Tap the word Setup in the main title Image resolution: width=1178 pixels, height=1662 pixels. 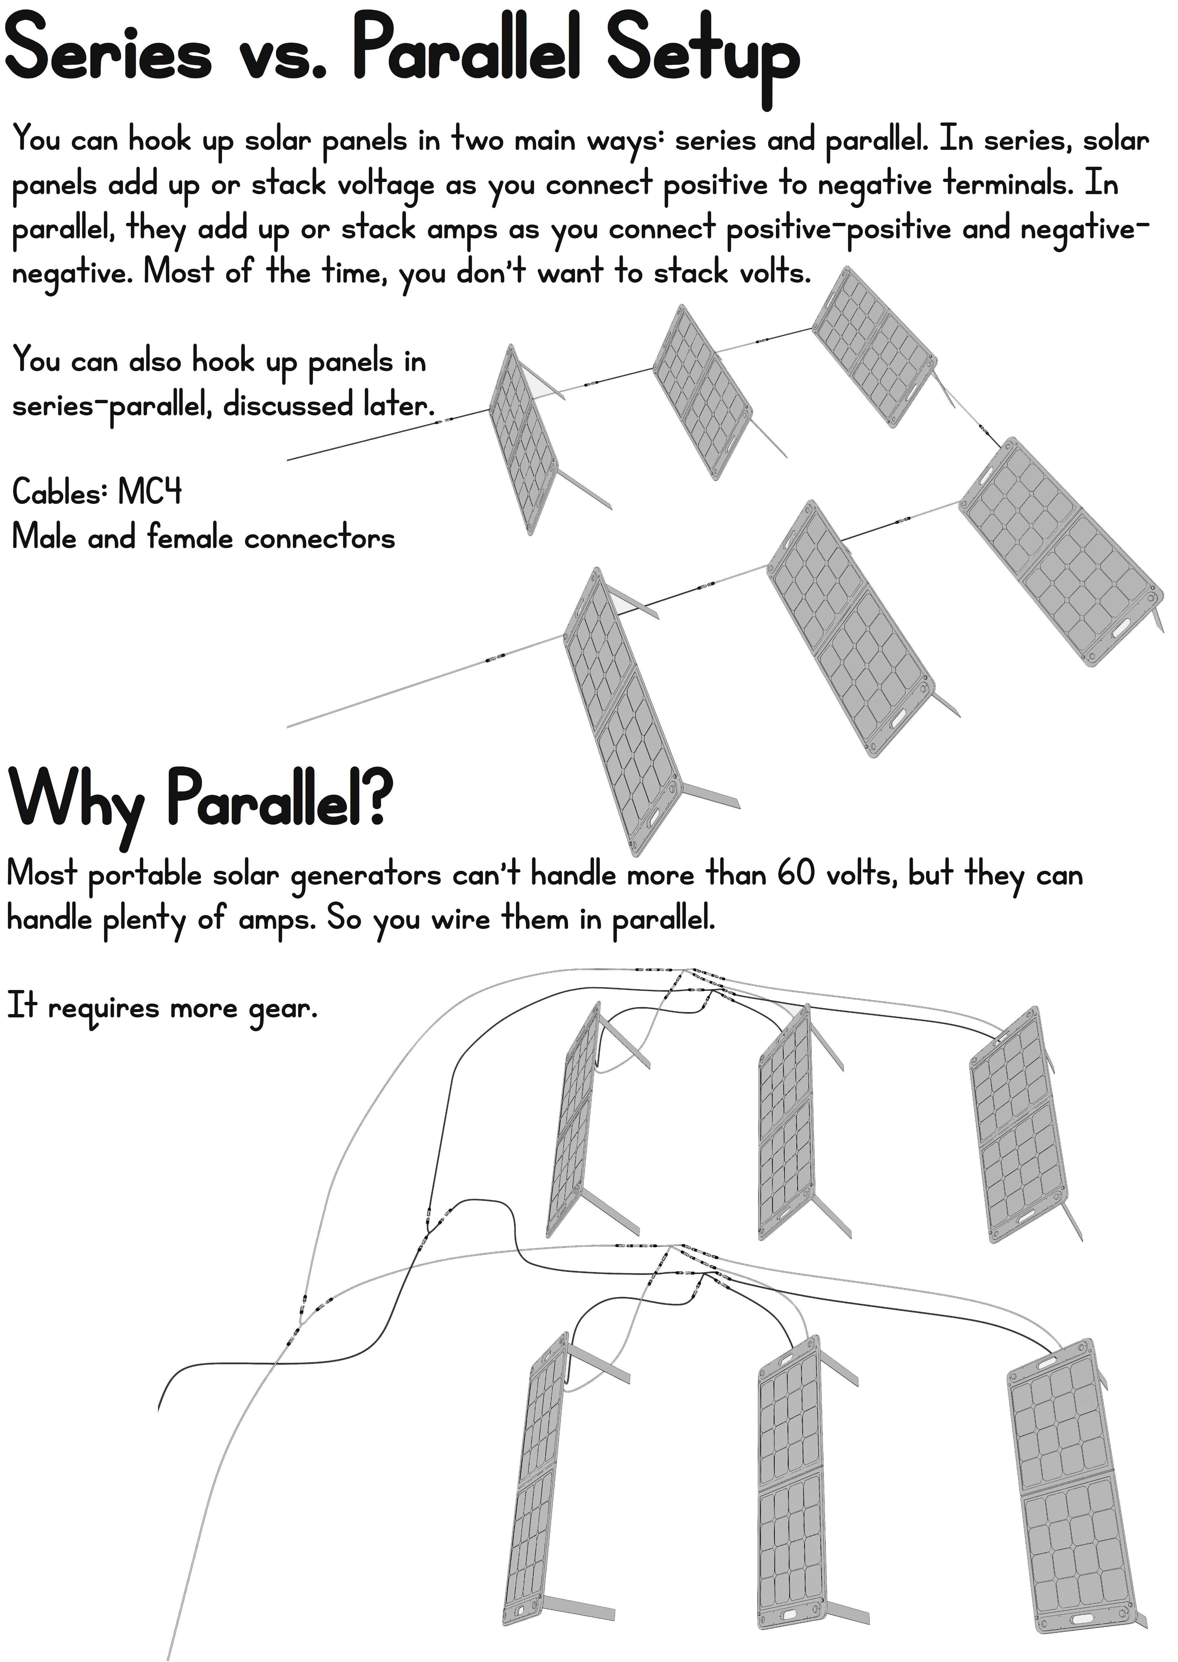(x=702, y=54)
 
